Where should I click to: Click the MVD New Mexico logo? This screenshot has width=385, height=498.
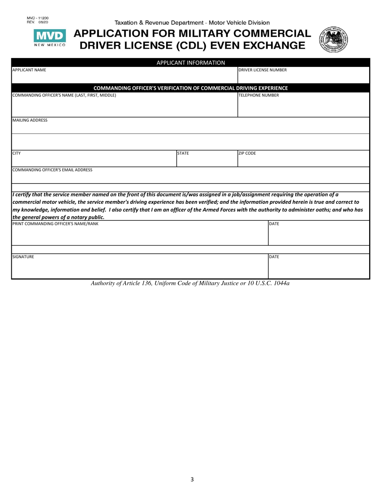click(49, 38)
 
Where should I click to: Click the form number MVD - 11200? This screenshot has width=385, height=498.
click(37, 19)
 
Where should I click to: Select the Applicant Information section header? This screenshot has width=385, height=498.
click(190, 62)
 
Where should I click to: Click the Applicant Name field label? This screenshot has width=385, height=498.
click(29, 70)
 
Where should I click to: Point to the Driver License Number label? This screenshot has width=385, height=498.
click(262, 70)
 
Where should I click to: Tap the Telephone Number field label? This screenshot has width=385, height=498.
click(258, 95)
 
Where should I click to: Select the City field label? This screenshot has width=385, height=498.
click(17, 154)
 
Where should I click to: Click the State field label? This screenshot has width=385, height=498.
click(183, 154)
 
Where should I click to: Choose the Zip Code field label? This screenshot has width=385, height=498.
click(247, 154)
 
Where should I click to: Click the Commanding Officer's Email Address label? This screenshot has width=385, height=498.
click(52, 170)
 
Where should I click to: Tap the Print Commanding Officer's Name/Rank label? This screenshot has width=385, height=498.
click(55, 224)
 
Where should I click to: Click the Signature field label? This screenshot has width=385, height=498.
click(23, 257)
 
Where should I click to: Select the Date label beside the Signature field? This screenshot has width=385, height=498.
click(274, 257)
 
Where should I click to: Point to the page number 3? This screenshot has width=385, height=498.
click(192, 479)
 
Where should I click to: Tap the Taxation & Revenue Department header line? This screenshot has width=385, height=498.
click(192, 23)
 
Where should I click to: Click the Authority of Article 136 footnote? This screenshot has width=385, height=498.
click(190, 283)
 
